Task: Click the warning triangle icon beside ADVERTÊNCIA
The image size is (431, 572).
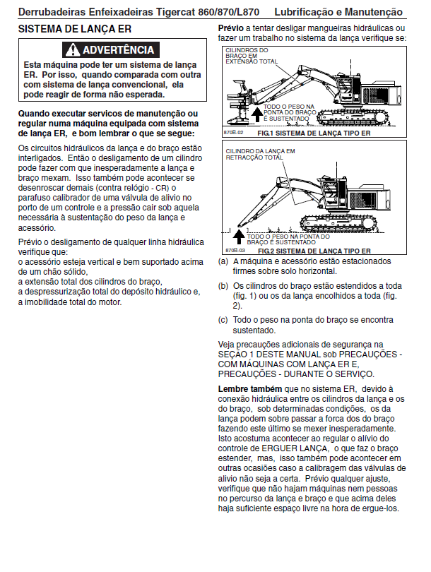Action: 73,50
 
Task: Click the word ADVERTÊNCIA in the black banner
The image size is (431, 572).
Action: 119,50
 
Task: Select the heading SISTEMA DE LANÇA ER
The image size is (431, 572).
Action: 75,29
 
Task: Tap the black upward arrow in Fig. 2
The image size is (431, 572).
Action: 239,237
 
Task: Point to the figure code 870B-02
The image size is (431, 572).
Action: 234,133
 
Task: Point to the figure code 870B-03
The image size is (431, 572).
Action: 235,251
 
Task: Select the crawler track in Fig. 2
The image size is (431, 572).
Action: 338,223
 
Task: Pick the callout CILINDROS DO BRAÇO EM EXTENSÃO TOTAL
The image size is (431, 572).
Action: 252,56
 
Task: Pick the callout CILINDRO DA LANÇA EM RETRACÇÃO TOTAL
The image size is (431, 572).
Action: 260,155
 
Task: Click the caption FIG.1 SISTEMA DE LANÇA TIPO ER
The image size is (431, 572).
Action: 314,133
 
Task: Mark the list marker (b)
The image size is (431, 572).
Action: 223,286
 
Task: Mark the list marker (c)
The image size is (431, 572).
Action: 223,320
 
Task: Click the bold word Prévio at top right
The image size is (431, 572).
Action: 230,28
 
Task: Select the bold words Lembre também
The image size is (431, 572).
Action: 250,389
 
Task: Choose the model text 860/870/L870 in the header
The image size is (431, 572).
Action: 228,12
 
